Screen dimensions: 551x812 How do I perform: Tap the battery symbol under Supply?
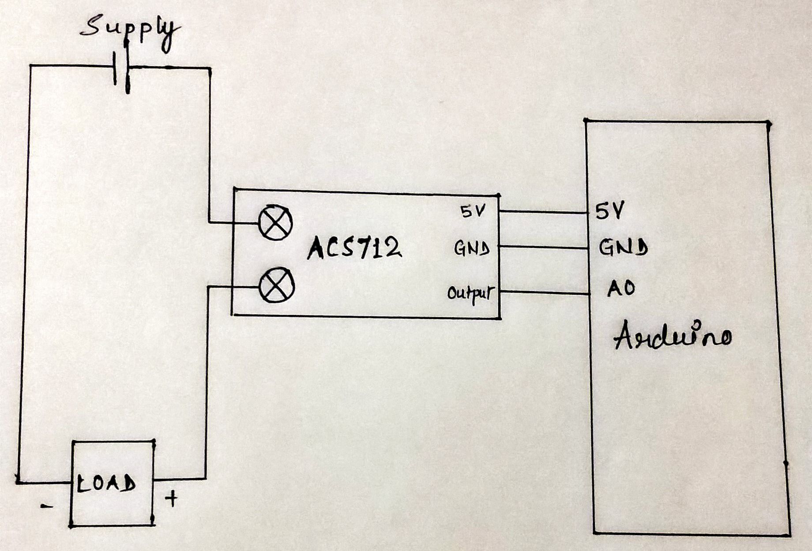pyautogui.click(x=122, y=68)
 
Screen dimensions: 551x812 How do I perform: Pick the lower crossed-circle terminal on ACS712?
pyautogui.click(x=276, y=285)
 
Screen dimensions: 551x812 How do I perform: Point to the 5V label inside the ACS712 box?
pyautogui.click(x=473, y=212)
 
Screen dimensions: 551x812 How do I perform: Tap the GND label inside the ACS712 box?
pyautogui.click(x=472, y=249)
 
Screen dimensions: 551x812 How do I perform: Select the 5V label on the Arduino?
pyautogui.click(x=610, y=211)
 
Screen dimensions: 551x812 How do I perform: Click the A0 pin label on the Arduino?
pyautogui.click(x=621, y=289)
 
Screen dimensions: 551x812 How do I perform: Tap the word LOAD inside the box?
pyautogui.click(x=106, y=484)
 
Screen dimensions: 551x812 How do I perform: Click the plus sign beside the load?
pyautogui.click(x=171, y=499)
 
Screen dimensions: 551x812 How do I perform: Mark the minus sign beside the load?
pyautogui.click(x=46, y=506)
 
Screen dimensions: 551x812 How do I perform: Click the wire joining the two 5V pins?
pyautogui.click(x=543, y=212)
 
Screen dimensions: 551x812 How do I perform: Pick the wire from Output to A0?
pyautogui.click(x=545, y=293)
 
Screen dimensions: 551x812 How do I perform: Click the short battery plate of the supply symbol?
pyautogui.click(x=114, y=68)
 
